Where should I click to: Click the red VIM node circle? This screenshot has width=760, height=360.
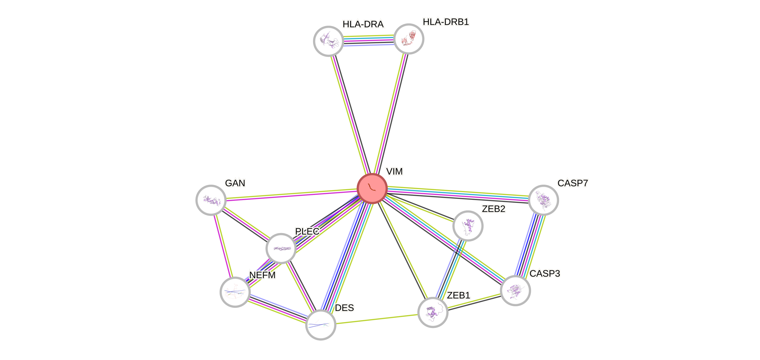tap(372, 189)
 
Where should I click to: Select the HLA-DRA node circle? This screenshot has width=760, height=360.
tap(328, 41)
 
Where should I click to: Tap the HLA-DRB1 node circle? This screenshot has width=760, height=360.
tap(409, 39)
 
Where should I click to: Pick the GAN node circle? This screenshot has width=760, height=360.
tap(211, 200)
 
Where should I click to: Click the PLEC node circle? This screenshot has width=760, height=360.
tap(281, 248)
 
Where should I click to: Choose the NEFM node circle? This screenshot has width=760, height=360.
tap(235, 292)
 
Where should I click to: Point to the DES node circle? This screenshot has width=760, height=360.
tap(321, 325)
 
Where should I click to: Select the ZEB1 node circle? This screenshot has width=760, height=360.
tap(433, 313)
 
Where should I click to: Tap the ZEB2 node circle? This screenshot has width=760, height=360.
tap(468, 226)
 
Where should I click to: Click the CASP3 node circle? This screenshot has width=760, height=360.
tap(515, 290)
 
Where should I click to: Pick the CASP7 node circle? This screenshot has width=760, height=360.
tap(543, 200)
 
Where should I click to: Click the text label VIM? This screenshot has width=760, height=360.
tap(394, 171)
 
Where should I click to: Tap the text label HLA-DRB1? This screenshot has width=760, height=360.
tap(446, 22)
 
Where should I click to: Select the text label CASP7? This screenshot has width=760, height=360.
tap(572, 183)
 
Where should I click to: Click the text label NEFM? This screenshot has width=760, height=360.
tap(262, 275)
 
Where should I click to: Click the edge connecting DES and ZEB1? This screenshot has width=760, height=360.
tap(377, 319)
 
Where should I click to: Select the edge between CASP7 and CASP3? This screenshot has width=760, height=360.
tap(530, 245)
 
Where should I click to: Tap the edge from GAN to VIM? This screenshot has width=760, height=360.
tap(292, 194)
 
